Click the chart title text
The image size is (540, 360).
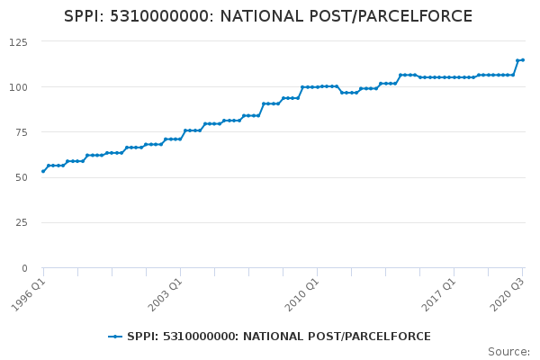pos(268,16)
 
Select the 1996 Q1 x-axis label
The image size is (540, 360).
pos(30,293)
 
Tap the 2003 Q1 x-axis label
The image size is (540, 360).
pos(166,293)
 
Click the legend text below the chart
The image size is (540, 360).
pos(279,337)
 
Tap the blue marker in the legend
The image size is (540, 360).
pos(115,337)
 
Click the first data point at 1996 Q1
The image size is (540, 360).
pos(43,171)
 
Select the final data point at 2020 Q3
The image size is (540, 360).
pos(523,60)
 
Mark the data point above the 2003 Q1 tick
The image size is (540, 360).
pos(180,139)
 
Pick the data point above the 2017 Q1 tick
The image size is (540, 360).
pos(454,77)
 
